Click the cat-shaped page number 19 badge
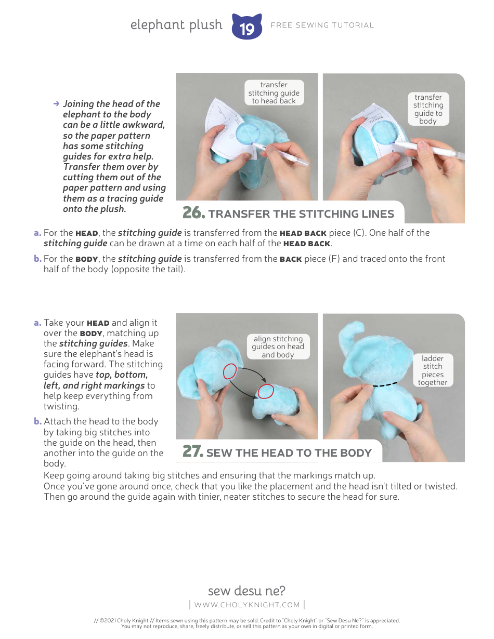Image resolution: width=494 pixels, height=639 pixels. coord(246,27)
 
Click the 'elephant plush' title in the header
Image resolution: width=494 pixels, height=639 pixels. coord(176,25)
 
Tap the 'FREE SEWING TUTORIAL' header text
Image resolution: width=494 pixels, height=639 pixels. coord(322,25)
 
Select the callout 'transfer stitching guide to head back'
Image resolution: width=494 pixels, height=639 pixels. coord(274,92)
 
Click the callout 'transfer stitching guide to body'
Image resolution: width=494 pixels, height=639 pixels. coord(428,109)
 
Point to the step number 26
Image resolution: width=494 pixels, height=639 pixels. coord(193,213)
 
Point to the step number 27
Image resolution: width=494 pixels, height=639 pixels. coord(192,451)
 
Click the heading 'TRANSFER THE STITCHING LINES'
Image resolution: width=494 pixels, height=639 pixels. coord(301,214)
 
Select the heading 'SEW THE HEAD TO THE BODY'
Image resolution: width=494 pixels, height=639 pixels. coord(289,452)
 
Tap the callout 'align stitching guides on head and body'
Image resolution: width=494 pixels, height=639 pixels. coord(278,347)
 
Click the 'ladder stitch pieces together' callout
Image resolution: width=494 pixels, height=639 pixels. coord(432,370)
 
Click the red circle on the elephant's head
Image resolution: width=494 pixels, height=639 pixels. coord(230,371)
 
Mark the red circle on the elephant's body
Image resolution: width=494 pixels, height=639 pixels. coord(266,391)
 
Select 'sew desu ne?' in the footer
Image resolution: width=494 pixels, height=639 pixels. coord(246,591)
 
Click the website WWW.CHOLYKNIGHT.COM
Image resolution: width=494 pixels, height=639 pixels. coord(246,605)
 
